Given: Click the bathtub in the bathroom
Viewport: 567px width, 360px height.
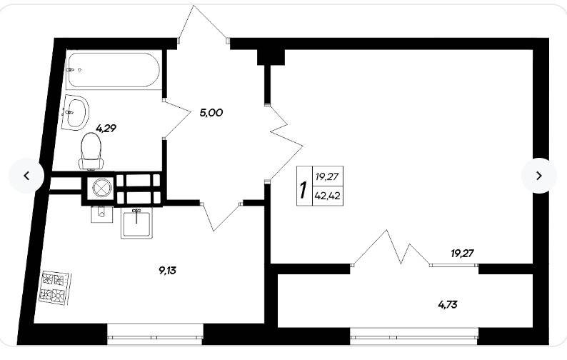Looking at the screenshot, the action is [x=113, y=70].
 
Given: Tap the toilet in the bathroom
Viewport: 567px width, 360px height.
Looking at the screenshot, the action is [x=91, y=151].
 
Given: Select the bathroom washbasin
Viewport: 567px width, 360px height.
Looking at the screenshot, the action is [x=76, y=112].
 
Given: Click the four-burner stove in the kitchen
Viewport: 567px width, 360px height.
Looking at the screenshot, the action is [x=56, y=288].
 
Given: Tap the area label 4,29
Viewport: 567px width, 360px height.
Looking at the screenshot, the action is [x=106, y=128].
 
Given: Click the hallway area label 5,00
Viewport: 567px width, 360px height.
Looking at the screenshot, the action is [x=211, y=113].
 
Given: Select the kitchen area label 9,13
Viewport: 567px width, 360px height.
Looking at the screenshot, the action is [x=167, y=270].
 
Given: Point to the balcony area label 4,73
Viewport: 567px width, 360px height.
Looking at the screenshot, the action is [x=448, y=305].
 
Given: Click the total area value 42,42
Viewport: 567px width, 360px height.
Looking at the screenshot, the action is [x=327, y=196].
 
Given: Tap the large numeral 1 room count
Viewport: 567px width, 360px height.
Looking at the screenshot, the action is [x=303, y=190].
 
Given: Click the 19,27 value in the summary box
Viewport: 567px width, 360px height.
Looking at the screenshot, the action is [x=326, y=177].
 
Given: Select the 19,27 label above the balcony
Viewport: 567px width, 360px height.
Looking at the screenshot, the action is [x=462, y=254].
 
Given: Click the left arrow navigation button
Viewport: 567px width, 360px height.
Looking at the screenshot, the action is [x=26, y=176].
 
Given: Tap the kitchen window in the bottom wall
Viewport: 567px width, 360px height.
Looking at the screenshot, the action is [x=155, y=337].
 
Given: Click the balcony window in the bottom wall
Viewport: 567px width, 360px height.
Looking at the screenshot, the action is [x=414, y=337].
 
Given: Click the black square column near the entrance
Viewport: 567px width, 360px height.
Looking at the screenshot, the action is [x=271, y=57].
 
